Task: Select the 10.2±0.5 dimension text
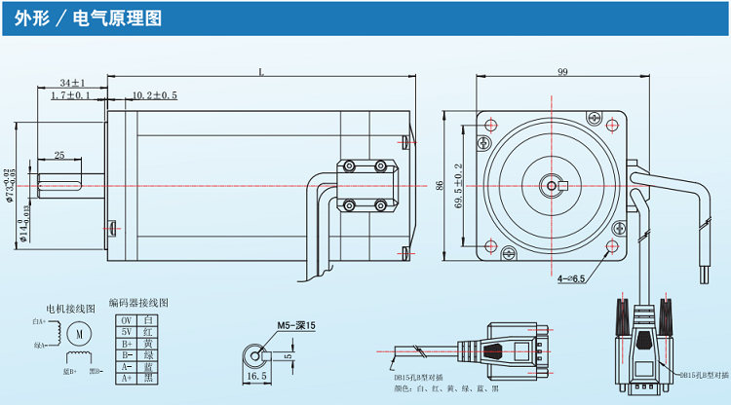point(154,95)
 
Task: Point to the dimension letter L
point(261,71)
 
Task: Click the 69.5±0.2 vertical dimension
point(458,185)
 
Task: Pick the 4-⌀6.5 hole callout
point(571,278)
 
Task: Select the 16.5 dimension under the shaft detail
point(256,375)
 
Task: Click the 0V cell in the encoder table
point(125,320)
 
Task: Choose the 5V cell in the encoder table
point(125,332)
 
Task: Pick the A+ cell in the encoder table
point(125,378)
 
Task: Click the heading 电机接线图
point(63,309)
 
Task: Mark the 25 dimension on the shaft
point(59,156)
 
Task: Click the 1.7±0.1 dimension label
point(69,95)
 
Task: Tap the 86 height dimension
point(440,184)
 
